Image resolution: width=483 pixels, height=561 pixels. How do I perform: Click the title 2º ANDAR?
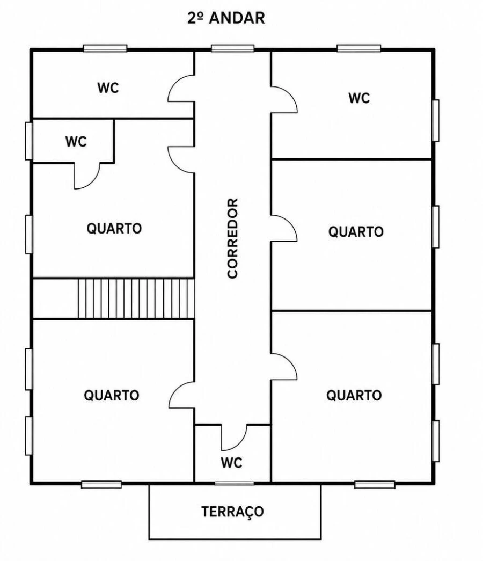click(226, 18)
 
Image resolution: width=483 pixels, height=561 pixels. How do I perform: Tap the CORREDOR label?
click(232, 238)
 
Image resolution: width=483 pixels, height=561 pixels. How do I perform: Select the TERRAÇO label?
click(232, 512)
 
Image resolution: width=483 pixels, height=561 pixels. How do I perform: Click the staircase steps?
click(136, 298)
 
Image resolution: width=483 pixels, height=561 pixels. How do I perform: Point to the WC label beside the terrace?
click(231, 463)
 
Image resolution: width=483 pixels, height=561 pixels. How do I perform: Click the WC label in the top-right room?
click(359, 98)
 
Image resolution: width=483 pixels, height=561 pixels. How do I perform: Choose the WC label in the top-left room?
click(108, 88)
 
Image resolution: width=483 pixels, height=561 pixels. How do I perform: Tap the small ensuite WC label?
click(76, 142)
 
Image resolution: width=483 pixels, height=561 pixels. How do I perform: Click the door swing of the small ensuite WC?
click(87, 176)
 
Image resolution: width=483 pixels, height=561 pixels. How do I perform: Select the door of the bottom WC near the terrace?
click(234, 437)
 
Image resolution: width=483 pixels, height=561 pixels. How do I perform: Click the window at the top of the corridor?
click(232, 48)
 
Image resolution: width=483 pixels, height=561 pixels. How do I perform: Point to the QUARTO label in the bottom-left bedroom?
click(112, 395)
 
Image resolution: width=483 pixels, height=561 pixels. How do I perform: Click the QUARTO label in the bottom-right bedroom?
click(354, 395)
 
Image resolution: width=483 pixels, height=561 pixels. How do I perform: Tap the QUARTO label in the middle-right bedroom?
click(356, 232)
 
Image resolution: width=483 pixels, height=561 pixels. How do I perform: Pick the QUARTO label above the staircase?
click(114, 228)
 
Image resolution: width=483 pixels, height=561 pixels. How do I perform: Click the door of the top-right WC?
click(284, 100)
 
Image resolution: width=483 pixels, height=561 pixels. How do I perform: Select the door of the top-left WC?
click(181, 89)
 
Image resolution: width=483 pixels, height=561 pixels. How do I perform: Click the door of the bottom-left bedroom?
click(181, 395)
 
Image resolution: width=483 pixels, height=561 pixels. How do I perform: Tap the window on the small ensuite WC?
click(29, 141)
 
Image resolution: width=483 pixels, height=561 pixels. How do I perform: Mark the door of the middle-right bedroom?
click(284, 228)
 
